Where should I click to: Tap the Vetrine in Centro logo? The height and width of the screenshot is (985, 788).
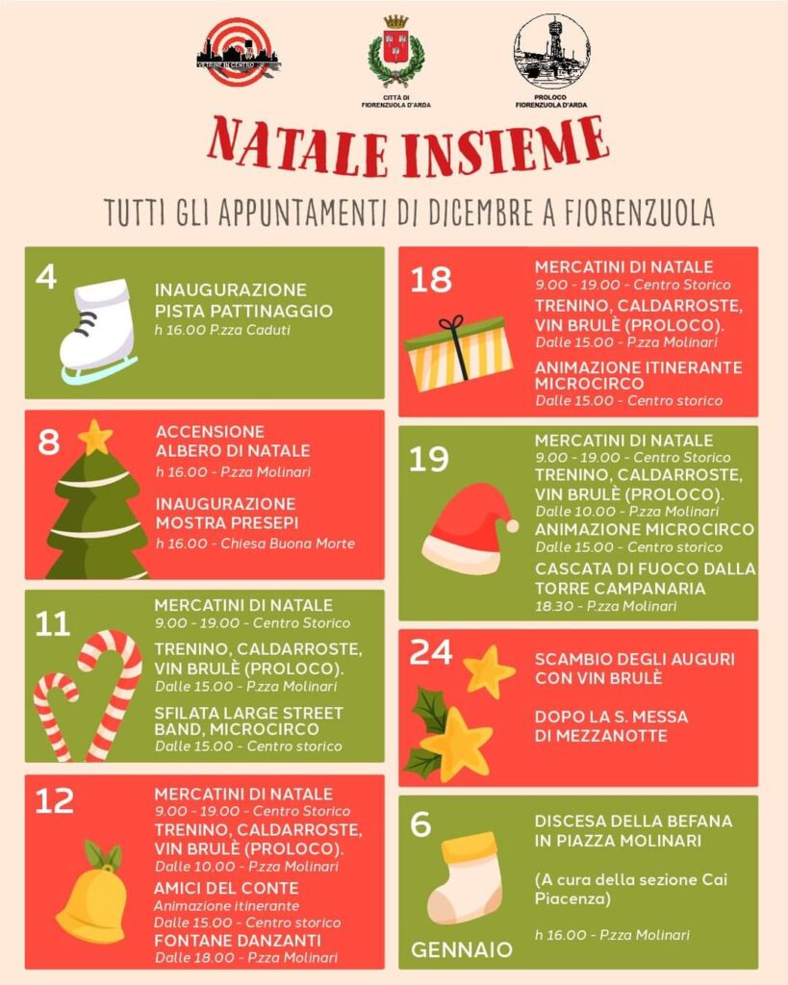pos(239,52)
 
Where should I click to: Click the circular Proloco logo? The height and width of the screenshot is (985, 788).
pos(551,52)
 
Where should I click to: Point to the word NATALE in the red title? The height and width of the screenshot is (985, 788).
pos(297,148)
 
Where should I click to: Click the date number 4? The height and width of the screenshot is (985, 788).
pos(46,276)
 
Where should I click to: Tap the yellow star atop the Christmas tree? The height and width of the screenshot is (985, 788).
pos(95,438)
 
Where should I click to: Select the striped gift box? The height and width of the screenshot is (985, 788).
pos(459,353)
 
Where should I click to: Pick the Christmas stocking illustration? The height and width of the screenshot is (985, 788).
pos(466,877)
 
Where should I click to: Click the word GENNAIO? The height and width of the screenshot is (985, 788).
pos(462,949)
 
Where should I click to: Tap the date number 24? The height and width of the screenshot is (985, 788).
pos(430,652)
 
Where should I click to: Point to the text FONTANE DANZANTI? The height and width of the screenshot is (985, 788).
pos(238,941)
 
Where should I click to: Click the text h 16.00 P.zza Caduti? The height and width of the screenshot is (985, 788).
pos(222,330)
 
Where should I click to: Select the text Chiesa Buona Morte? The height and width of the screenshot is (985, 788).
pos(288,543)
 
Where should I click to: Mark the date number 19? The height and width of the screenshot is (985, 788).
pos(428,459)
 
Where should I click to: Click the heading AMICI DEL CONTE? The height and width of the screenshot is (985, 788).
pos(226,888)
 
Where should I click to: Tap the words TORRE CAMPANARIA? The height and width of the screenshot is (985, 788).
pos(621,589)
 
